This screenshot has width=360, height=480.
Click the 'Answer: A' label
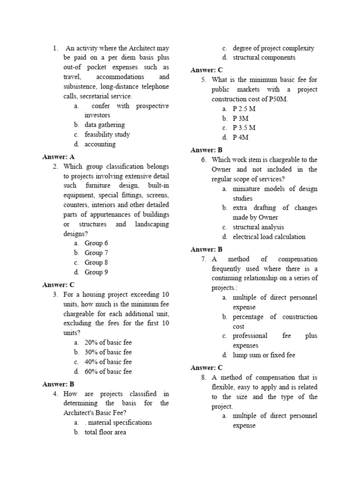click(x=58, y=157)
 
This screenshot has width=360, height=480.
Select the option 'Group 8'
click(x=96, y=262)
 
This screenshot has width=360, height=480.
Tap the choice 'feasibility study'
click(x=107, y=135)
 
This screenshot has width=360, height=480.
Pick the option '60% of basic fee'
click(x=108, y=372)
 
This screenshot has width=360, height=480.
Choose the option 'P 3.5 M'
click(x=244, y=127)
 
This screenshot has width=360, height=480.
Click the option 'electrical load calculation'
click(x=269, y=237)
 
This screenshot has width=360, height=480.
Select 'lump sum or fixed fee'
click(x=263, y=355)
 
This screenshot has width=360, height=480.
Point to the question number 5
click(x=204, y=80)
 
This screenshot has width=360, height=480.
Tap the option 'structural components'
click(x=264, y=58)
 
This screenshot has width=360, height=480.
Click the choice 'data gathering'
click(x=105, y=125)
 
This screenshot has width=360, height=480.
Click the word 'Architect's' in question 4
click(x=81, y=413)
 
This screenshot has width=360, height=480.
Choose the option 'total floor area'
click(x=105, y=432)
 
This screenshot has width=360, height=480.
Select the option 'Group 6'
click(x=96, y=243)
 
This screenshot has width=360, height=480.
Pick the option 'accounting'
click(x=100, y=144)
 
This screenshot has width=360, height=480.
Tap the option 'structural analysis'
click(x=258, y=227)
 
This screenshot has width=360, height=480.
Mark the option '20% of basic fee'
click(x=108, y=343)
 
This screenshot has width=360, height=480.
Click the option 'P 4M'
click(x=240, y=137)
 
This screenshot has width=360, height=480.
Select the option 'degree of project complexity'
click(x=273, y=48)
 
